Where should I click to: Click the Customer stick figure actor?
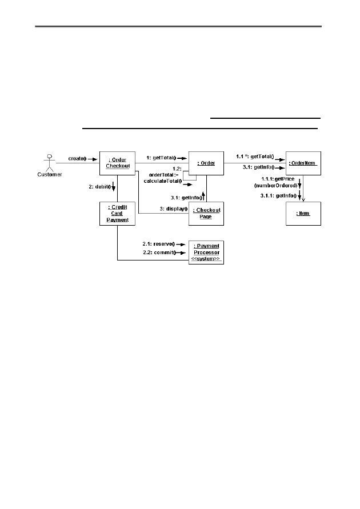(x=49, y=163)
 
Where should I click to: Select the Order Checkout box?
(x=117, y=163)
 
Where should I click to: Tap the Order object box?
(x=206, y=163)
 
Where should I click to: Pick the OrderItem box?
(x=303, y=163)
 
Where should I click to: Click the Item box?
(x=303, y=214)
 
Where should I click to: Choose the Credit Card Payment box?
(x=117, y=214)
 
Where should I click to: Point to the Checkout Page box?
(x=206, y=214)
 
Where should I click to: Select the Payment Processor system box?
(x=206, y=253)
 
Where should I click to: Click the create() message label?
(x=77, y=159)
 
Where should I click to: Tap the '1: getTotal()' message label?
(x=161, y=158)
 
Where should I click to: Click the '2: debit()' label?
(x=100, y=187)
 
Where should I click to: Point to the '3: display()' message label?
(x=174, y=209)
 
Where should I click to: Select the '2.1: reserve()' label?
(x=159, y=244)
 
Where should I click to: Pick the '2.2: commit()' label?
(x=159, y=253)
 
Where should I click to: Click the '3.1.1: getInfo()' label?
(x=278, y=196)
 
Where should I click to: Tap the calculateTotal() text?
(x=163, y=181)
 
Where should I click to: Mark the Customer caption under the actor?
(x=50, y=175)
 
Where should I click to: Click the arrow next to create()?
(x=93, y=159)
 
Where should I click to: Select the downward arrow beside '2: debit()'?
(x=114, y=187)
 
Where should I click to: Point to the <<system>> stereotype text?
(x=206, y=259)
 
